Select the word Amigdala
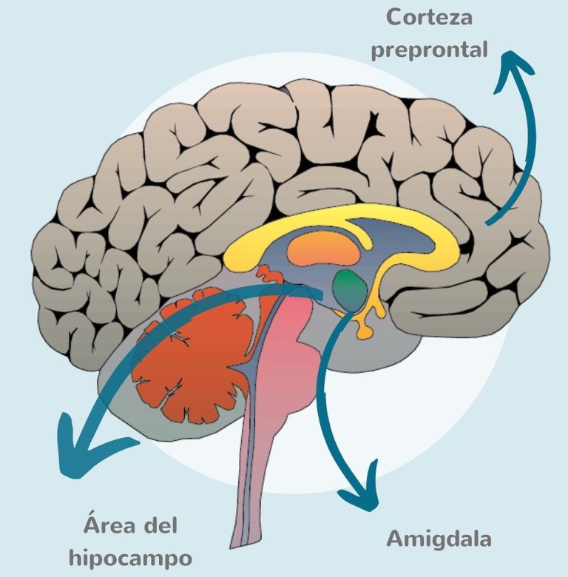point(439,538)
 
